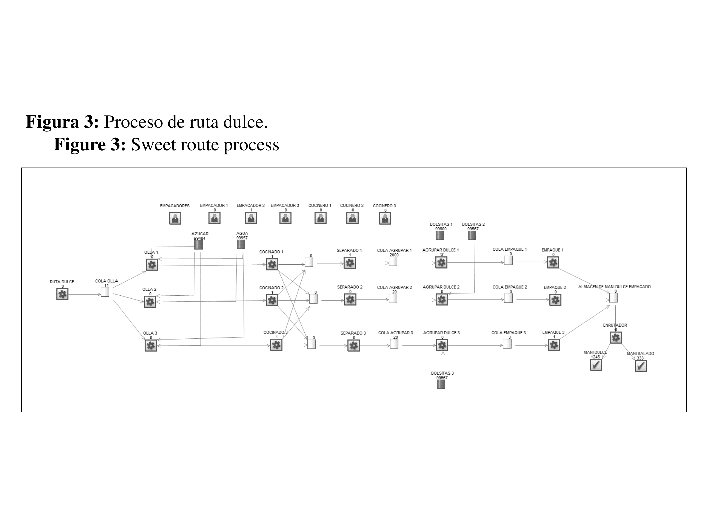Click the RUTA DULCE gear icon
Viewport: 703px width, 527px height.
point(62,294)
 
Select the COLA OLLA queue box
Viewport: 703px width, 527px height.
point(105,292)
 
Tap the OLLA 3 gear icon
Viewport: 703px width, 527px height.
point(151,345)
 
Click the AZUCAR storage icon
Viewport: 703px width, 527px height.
point(198,245)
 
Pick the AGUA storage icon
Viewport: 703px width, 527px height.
point(241,245)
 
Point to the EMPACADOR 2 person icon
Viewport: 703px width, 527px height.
point(251,218)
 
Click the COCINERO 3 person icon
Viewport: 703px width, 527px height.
point(385,218)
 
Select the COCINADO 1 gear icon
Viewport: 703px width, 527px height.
point(272,264)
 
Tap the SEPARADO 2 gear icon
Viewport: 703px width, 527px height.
point(350,300)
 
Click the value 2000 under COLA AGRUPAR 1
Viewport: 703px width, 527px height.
point(394,255)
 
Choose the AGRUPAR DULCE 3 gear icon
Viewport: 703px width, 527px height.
point(442,345)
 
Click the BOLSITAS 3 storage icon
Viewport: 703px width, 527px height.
point(441,384)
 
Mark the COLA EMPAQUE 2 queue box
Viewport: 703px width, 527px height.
point(508,298)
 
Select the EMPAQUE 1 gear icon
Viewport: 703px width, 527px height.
point(553,263)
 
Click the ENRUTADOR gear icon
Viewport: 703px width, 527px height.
point(616,338)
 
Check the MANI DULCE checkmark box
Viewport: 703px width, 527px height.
point(596,365)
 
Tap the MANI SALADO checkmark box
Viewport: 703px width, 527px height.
point(641,366)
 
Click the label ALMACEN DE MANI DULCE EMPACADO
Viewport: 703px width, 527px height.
point(615,287)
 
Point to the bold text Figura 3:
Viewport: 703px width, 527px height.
point(62,122)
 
